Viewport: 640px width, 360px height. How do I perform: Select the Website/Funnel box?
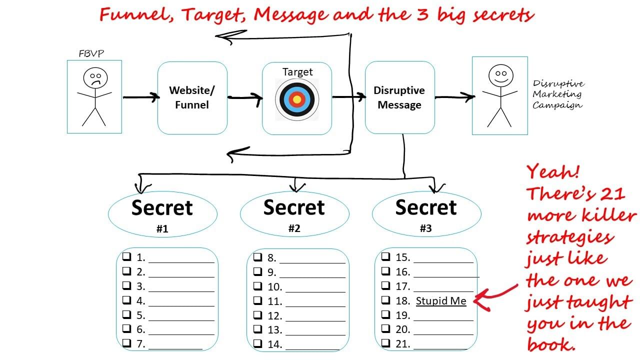click(x=192, y=97)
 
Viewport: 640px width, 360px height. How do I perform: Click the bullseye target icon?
click(x=297, y=99)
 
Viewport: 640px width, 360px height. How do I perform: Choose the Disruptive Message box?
click(x=399, y=97)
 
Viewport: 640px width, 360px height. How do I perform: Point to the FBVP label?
click(x=91, y=53)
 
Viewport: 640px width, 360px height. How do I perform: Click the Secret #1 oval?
click(x=162, y=213)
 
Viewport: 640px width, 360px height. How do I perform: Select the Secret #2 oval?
click(x=294, y=213)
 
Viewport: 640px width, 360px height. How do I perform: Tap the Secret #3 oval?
click(x=426, y=213)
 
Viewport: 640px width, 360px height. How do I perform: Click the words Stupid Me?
click(x=441, y=300)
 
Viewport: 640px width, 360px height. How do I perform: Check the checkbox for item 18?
click(x=386, y=300)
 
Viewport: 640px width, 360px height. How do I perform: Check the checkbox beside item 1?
click(x=127, y=257)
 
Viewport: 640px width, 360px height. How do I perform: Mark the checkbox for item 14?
click(x=258, y=343)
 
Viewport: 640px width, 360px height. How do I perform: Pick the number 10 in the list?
click(x=274, y=286)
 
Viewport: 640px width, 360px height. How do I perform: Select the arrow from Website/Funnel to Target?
click(x=245, y=98)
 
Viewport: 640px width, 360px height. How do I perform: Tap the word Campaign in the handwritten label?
click(x=557, y=105)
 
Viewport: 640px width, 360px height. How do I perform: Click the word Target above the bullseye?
click(x=297, y=71)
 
